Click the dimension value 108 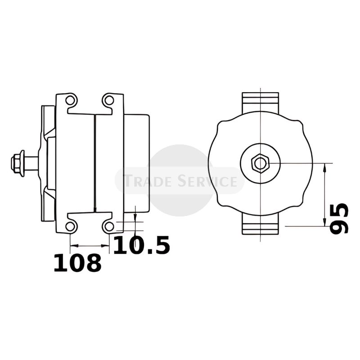77,263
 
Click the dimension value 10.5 142,245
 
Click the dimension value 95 339,218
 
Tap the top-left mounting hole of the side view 70,100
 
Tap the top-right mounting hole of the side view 109,100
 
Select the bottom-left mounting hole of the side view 70,226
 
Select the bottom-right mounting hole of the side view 109,226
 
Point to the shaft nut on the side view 18,163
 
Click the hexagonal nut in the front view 260,163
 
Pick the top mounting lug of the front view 261,103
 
